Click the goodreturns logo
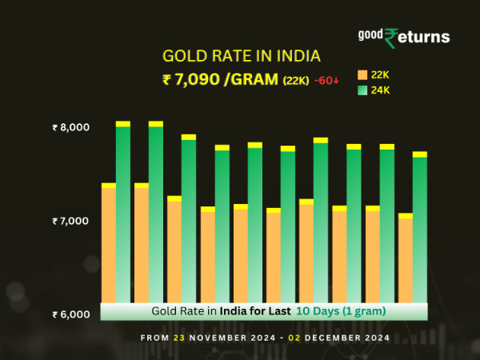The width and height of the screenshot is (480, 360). pos(403,37)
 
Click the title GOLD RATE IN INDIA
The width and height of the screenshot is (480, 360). pos(241,56)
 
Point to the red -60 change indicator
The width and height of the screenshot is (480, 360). pos(326,80)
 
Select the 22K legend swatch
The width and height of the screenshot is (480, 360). pos(362,74)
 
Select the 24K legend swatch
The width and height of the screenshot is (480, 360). pos(362,90)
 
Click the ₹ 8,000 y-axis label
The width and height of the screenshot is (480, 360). pos(71,127)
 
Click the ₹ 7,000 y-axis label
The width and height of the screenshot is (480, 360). pos(71,220)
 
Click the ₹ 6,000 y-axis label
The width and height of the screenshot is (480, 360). pos(71,314)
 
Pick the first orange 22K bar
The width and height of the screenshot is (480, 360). pos(109,244)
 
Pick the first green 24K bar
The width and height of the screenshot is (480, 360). pos(123,212)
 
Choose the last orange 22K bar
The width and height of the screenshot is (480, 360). pos(405,260)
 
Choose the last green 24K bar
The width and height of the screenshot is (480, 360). pos(419,228)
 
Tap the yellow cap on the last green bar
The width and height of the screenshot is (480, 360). pos(419,154)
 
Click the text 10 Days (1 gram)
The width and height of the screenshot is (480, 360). pos(342,310)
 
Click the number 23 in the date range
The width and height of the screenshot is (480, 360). pos(178,338)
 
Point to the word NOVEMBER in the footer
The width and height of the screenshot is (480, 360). pos(217,338)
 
